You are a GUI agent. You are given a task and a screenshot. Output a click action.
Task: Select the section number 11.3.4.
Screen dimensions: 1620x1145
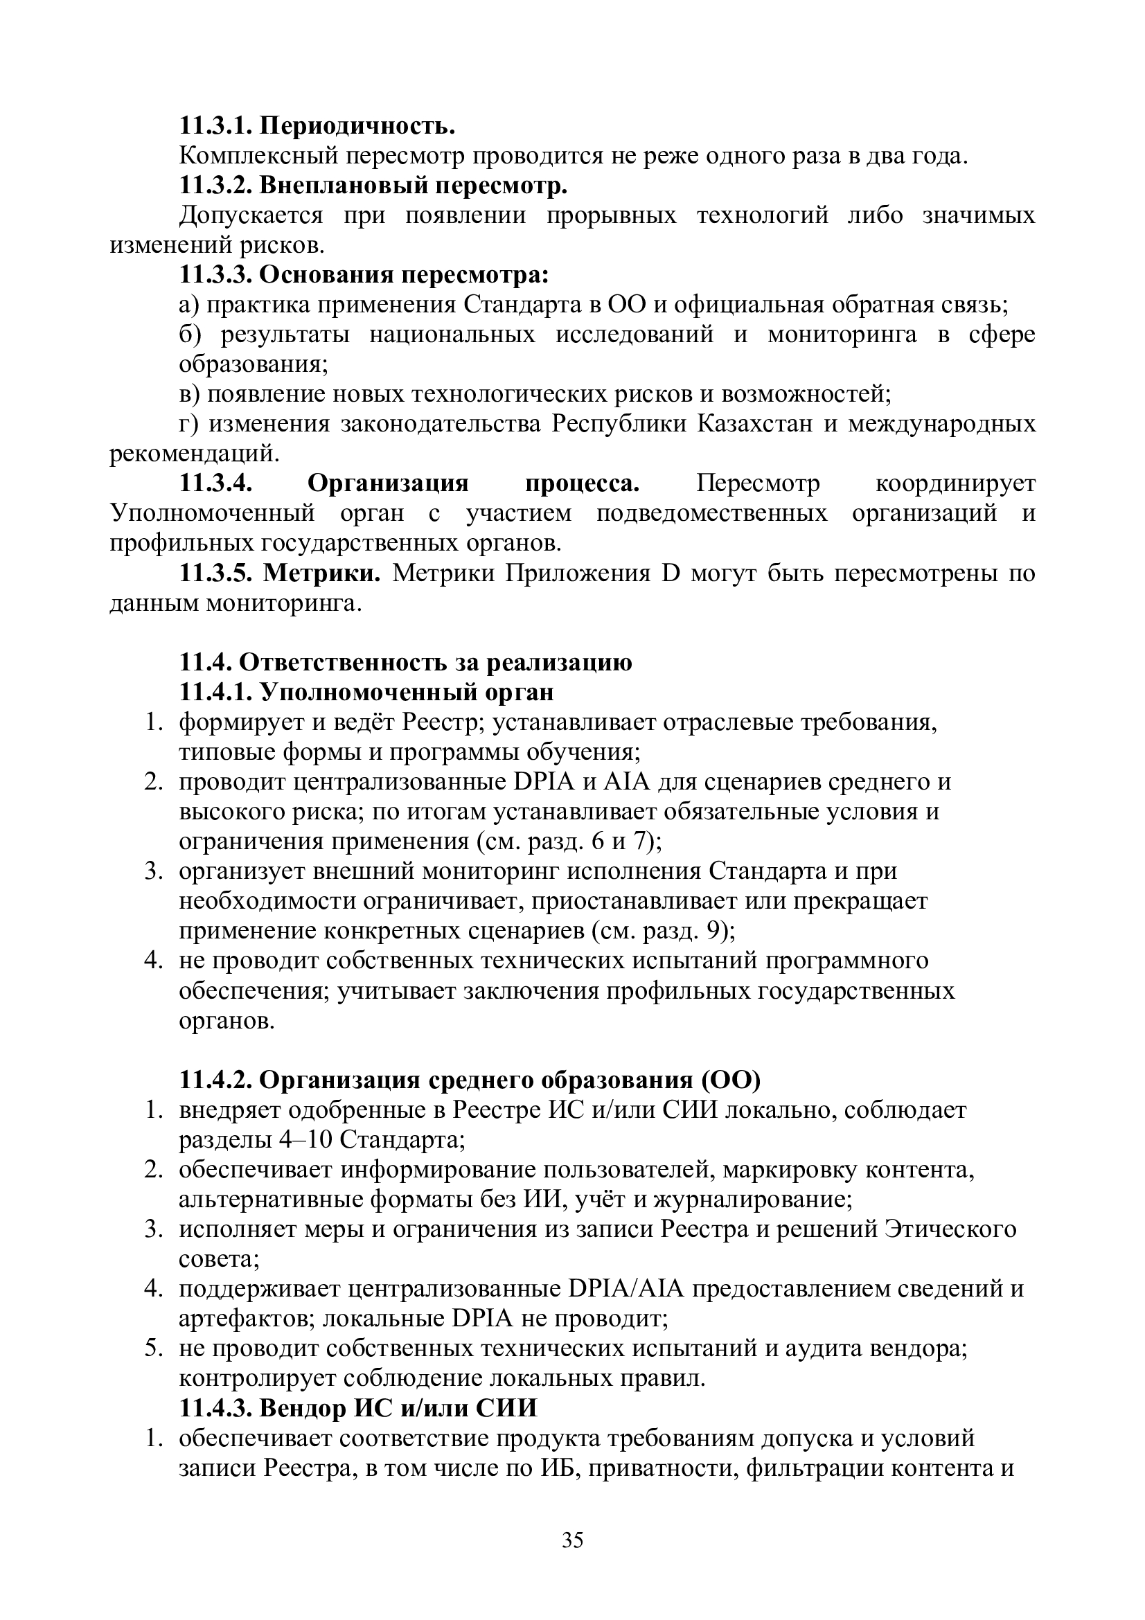[x=216, y=483]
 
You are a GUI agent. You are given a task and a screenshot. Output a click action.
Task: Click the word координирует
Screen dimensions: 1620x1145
[x=955, y=483]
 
